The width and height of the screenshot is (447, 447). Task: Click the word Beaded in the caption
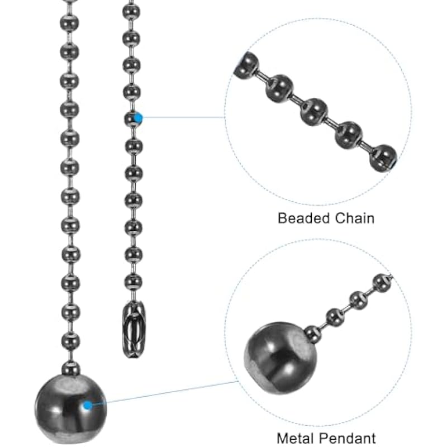click(x=302, y=217)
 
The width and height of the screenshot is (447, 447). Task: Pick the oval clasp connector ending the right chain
click(x=132, y=326)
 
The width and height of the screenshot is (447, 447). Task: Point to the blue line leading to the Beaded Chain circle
click(x=182, y=117)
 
